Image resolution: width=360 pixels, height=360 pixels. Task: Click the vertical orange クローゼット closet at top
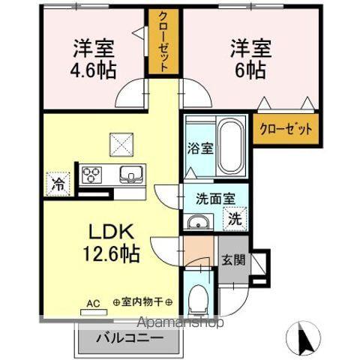pos(161,42)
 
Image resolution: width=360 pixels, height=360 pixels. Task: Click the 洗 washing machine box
pos(233,220)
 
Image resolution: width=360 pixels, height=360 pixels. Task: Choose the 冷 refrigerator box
pos(58,182)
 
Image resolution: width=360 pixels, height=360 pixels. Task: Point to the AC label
pos(93,303)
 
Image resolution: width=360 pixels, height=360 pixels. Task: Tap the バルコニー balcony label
pos(129,338)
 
